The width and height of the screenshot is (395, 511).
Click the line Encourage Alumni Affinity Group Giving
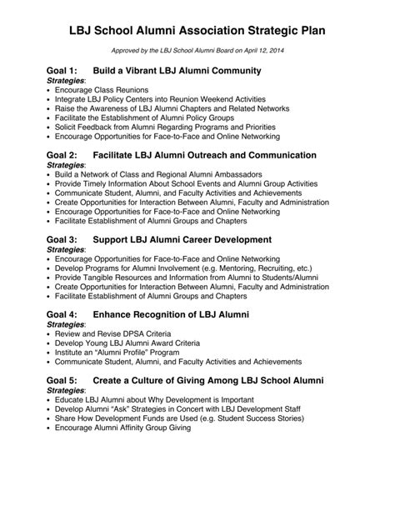(x=122, y=428)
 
